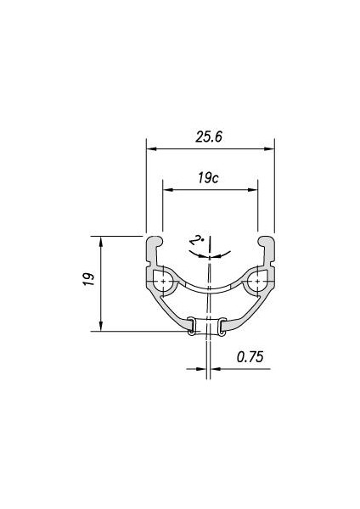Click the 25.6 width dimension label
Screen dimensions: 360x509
[x=209, y=137]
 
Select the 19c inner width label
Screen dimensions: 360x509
[x=208, y=178]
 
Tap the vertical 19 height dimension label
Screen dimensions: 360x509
[x=89, y=279]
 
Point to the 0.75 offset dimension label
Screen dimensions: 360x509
[x=250, y=357]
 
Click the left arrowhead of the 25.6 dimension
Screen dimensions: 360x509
[x=152, y=149]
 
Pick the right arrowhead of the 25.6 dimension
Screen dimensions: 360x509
[x=269, y=149]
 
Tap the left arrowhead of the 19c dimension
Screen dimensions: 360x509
[x=168, y=189]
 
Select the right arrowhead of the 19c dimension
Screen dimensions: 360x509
[x=252, y=189]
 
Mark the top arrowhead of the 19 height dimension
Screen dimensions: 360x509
[x=101, y=242]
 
